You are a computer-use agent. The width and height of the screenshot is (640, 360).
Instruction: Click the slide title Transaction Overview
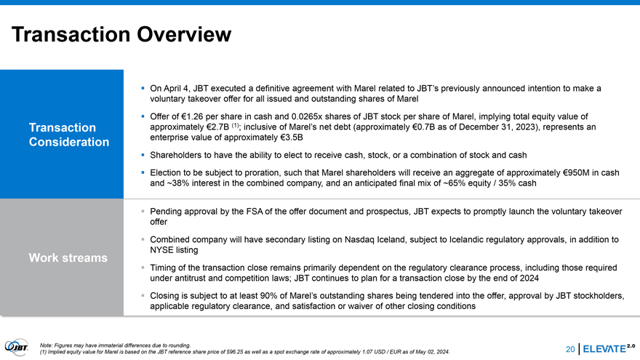click(x=121, y=34)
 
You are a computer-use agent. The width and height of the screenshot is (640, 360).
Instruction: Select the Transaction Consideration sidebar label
click(x=68, y=135)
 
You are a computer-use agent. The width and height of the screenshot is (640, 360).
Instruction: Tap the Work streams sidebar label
click(x=68, y=257)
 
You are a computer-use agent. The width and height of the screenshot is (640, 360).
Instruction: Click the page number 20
click(x=570, y=350)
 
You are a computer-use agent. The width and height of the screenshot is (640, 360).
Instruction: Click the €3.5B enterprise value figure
click(x=289, y=137)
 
